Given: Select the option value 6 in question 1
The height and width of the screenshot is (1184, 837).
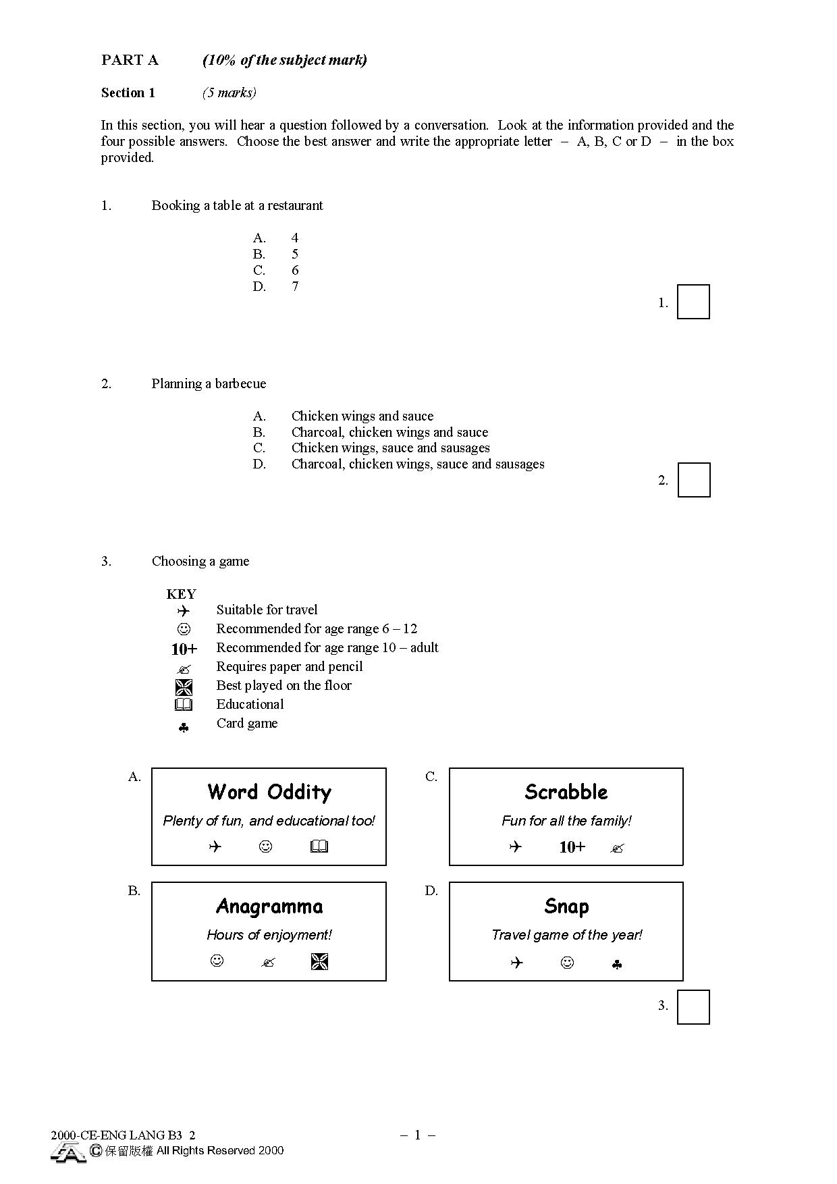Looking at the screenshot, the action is (295, 270).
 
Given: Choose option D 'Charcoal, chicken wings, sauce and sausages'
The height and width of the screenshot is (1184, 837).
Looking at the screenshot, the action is (418, 464).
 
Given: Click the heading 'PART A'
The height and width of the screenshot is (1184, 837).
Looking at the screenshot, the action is (130, 60).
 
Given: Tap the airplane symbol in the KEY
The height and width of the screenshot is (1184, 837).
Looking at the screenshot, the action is (184, 611).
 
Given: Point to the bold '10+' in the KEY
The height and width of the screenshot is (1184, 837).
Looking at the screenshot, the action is (184, 649).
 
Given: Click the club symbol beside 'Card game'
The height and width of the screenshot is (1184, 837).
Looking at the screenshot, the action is (184, 728).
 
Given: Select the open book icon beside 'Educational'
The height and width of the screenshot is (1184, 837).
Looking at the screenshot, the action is (184, 705).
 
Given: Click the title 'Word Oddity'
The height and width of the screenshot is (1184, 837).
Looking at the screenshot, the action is (269, 792).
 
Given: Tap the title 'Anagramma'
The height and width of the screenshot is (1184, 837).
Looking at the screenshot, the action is (269, 906).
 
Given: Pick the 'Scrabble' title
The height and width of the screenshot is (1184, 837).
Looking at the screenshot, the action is (566, 792).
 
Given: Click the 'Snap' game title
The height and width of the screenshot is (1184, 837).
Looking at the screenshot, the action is (566, 907).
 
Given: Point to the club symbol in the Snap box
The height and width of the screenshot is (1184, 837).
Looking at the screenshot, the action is (616, 965).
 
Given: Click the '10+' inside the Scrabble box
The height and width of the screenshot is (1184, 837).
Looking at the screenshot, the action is (572, 847).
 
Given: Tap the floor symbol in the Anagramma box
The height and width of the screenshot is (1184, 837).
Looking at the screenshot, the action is (319, 961).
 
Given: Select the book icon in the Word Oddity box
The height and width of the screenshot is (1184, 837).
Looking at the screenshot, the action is (319, 846).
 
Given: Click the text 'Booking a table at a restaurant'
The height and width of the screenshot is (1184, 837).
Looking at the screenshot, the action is (237, 206).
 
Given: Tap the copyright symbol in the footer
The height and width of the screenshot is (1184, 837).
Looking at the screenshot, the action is (96, 1150).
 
